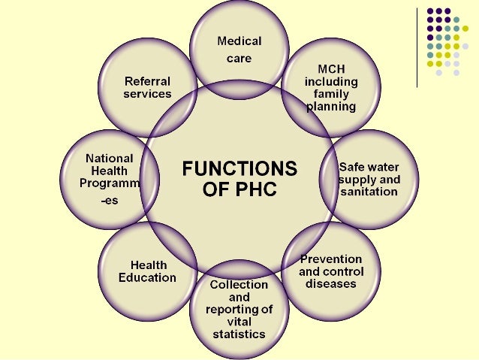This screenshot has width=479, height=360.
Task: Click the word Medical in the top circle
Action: coord(239,40)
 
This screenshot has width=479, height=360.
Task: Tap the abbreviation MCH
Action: coord(330,68)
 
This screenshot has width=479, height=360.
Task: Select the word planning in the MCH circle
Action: coord(330,106)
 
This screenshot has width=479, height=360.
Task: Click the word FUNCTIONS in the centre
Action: coord(239,168)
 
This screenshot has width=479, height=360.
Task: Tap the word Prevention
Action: coord(331,259)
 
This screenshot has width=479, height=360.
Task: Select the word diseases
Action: coord(331,284)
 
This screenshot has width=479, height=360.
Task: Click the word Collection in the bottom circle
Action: coord(239,285)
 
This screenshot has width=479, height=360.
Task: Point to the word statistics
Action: coord(239,333)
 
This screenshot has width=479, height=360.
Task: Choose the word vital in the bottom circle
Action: coord(239,321)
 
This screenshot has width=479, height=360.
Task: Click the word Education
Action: coord(147,277)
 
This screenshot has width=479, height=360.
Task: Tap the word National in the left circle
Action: coord(109,159)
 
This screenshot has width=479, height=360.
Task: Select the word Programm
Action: coord(110,183)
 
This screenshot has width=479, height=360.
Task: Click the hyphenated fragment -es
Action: coord(109,201)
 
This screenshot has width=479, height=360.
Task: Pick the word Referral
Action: coord(147,81)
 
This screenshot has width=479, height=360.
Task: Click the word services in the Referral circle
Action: coord(147,94)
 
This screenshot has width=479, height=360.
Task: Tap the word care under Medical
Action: coord(239,57)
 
